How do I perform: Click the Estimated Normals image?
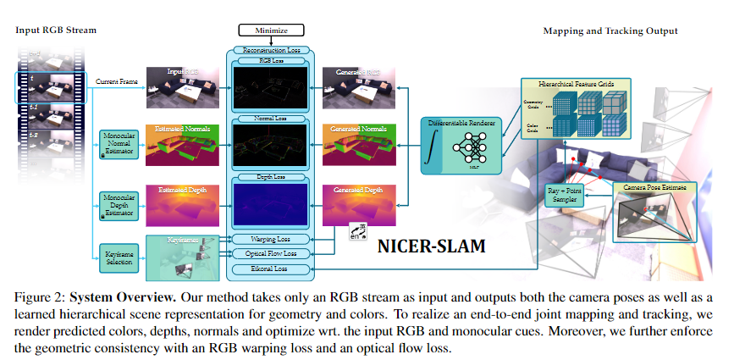click(x=183, y=144)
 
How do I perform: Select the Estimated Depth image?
click(x=183, y=204)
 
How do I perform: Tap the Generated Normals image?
click(x=358, y=144)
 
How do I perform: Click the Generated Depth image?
click(x=358, y=204)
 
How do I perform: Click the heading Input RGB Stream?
click(x=56, y=30)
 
